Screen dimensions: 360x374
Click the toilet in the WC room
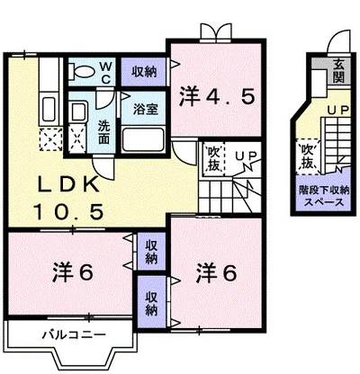pos(80,71)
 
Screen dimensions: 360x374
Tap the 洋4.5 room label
pos(217,96)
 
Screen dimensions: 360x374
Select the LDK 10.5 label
pos(68,198)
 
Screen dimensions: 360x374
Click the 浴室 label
pos(146,110)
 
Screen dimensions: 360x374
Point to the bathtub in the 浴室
pos(144,139)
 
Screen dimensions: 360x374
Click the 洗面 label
pos(104,133)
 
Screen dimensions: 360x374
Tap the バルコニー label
pos(74,334)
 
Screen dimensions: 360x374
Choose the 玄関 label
pos(338,71)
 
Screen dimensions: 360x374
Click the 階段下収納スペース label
pos(324,196)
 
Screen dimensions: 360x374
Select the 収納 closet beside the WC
pos(143,72)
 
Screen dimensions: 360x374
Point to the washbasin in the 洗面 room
pos(77,112)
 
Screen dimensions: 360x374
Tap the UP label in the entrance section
pos(337,111)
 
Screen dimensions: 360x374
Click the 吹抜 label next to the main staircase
pos(214,159)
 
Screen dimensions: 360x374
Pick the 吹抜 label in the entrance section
pos(308,156)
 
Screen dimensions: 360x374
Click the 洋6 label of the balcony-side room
pos(74,272)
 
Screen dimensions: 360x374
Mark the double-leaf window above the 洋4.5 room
pos(216,31)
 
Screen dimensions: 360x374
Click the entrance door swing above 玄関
pos(339,42)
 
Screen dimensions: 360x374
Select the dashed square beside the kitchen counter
pos(50,139)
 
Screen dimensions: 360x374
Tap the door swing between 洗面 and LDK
pos(103,168)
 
